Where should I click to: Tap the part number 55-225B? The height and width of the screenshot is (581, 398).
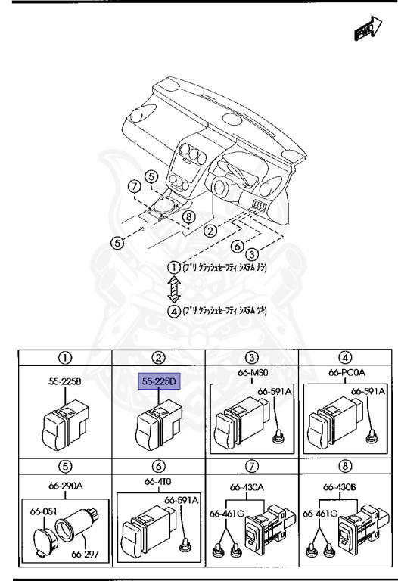(x=66, y=383)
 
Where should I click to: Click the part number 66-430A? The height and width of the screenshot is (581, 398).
(x=253, y=487)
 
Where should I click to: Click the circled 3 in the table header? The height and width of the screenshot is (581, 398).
(x=253, y=357)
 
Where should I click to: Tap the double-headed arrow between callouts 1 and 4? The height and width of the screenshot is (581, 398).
(x=174, y=289)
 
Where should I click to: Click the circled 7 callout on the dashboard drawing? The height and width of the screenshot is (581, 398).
(x=133, y=186)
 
